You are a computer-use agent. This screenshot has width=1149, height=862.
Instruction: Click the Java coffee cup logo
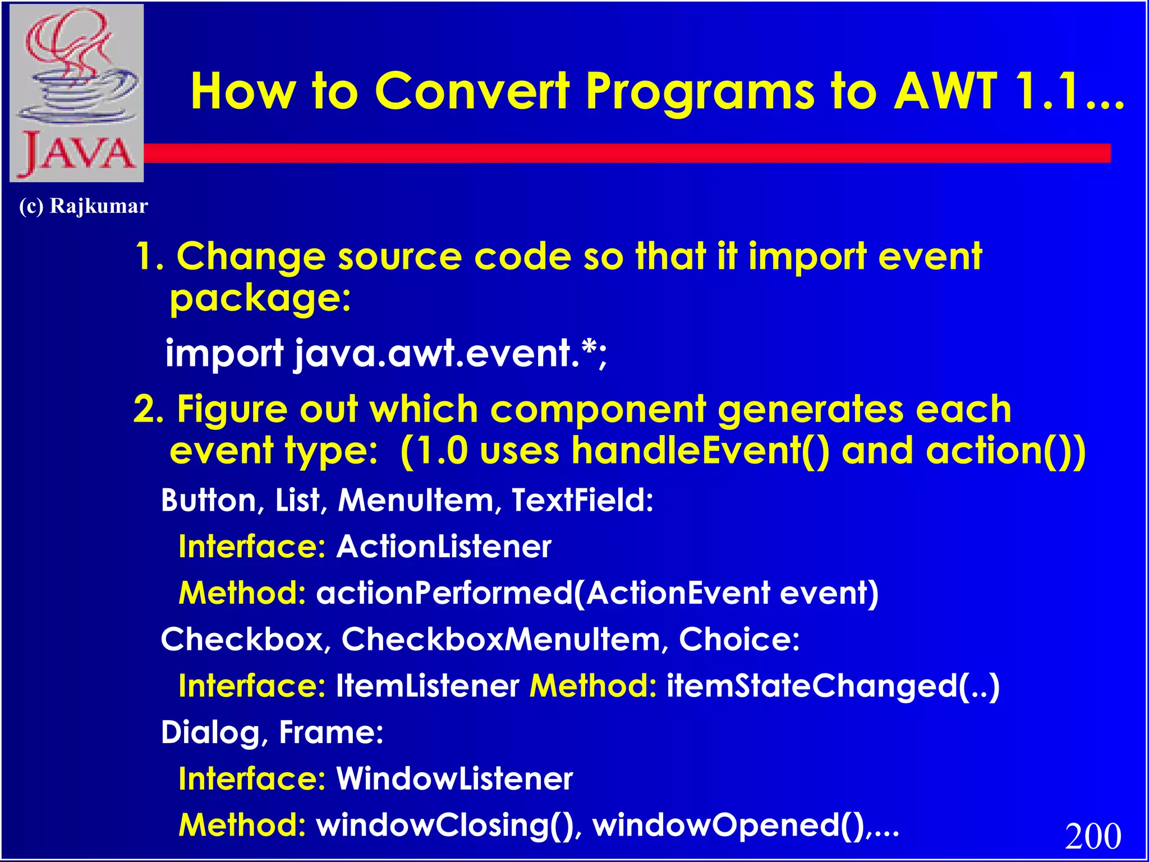[x=77, y=93]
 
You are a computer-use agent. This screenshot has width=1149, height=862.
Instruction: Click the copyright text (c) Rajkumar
[x=84, y=206]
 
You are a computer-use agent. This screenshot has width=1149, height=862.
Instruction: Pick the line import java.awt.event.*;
[x=386, y=354]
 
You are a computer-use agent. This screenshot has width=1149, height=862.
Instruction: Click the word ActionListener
[x=443, y=547]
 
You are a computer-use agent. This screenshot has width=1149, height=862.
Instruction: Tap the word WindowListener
[x=454, y=779]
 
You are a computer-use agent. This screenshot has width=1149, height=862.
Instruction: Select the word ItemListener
[x=428, y=686]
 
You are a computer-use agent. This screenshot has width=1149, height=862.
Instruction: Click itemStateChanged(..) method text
[x=833, y=686]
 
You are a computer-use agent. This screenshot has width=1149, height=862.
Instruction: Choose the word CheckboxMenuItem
[x=502, y=639]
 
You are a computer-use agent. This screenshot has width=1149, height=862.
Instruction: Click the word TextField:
[x=582, y=500]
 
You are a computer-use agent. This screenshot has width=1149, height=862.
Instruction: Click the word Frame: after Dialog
[x=331, y=732]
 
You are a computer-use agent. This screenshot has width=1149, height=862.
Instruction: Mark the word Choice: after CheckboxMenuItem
[x=739, y=639]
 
